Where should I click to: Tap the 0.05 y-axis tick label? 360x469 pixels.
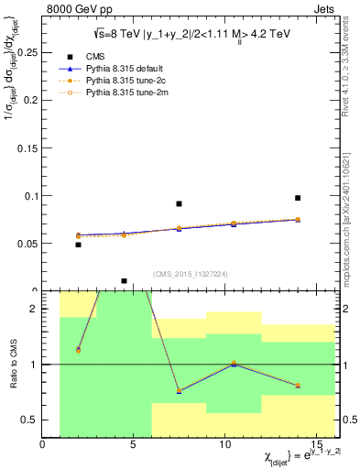27,243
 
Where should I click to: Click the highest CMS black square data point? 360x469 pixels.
298,198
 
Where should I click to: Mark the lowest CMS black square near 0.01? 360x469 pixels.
124,281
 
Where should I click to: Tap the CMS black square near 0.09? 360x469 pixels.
179,203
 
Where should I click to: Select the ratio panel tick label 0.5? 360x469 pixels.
28,420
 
